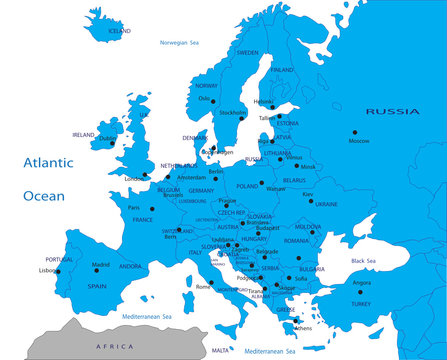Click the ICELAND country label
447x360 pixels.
point(119,31)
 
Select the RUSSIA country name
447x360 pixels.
point(392,111)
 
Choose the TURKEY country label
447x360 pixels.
point(360,303)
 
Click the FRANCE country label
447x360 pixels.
point(143,220)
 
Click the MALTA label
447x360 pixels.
point(220,351)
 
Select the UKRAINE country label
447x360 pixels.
point(327,204)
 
